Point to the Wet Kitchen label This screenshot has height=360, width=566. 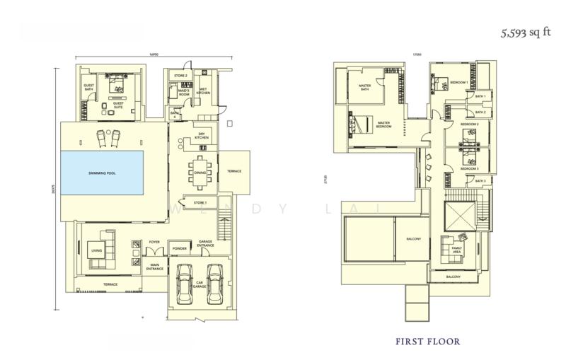pyautogui.click(x=202, y=91)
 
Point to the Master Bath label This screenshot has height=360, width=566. pyautogui.click(x=364, y=88)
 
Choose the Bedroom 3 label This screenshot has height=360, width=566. pyautogui.click(x=470, y=169)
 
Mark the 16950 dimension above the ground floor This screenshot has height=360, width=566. pyautogui.click(x=154, y=55)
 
